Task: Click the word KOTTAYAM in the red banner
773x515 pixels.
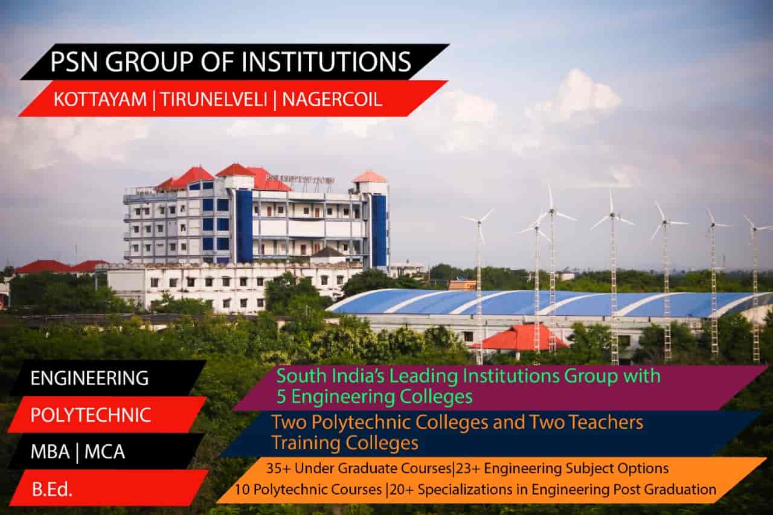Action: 100,100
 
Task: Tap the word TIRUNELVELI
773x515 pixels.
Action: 213,100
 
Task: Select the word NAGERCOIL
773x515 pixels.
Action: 332,100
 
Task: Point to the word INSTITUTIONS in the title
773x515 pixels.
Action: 326,62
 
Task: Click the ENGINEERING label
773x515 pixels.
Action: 90,378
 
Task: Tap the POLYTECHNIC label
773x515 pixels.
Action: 91,415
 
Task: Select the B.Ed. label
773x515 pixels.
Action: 53,490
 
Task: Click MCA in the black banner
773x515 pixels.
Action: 104,452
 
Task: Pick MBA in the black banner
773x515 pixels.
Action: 50,452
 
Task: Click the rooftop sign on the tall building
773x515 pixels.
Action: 300,179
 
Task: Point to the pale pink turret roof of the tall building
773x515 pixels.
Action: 369,176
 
